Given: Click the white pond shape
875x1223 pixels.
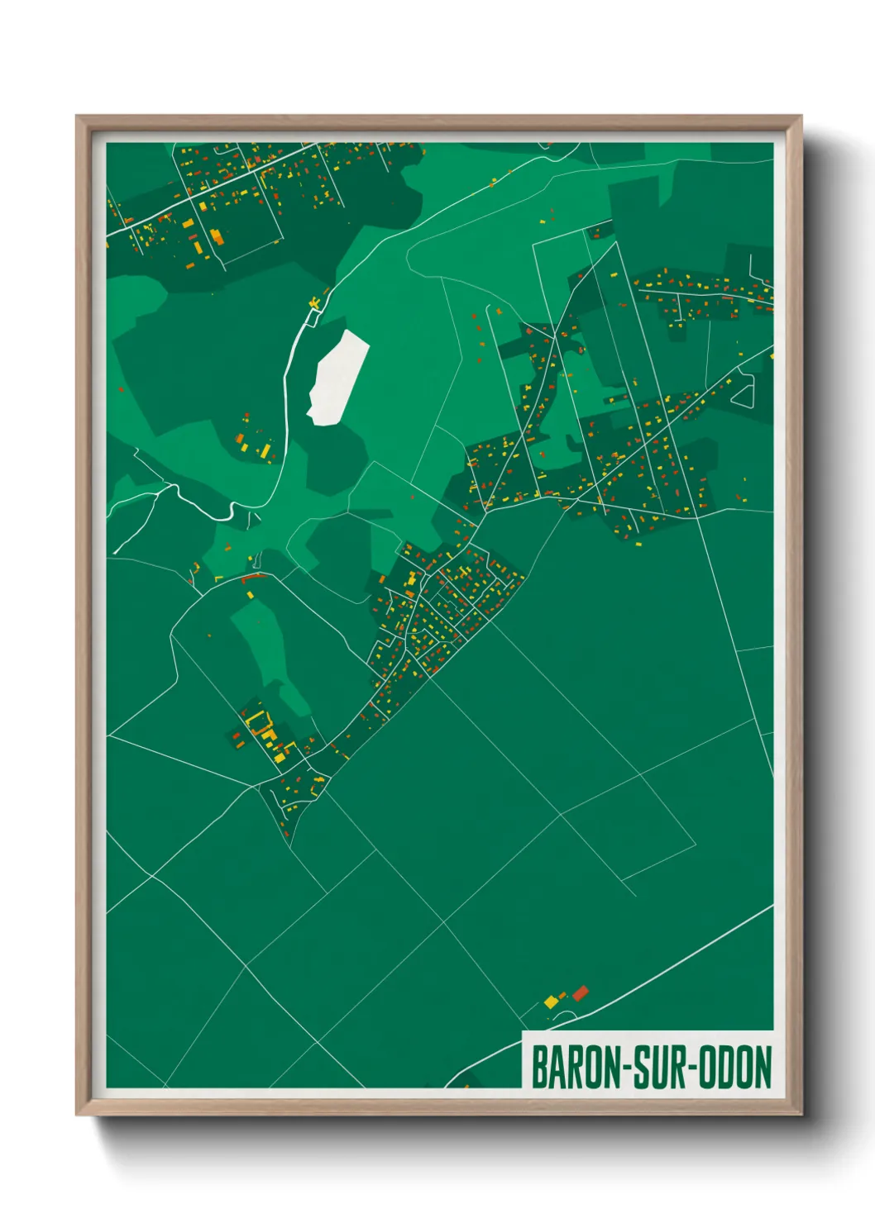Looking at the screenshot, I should tap(337, 377).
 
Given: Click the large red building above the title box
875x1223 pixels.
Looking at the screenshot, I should tap(581, 992).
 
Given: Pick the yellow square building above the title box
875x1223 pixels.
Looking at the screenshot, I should tap(551, 1002).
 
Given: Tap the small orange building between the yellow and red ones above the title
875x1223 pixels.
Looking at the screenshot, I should tap(564, 996).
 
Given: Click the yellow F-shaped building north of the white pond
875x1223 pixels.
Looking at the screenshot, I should tap(314, 304).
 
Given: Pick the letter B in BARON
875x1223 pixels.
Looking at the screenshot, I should tap(539, 1068).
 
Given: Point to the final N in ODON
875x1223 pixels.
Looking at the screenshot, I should tap(763, 1068).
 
